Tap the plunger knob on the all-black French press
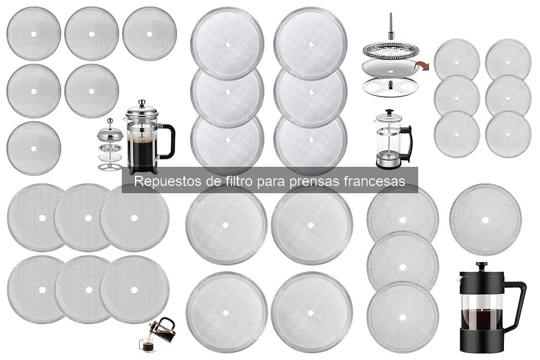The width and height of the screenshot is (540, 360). [481, 265]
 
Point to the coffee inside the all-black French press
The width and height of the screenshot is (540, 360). [482, 321]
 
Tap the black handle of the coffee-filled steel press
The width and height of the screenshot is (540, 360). [169, 141]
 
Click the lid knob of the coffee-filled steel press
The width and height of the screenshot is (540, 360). [142, 103]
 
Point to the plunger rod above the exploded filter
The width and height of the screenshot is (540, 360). [390, 26]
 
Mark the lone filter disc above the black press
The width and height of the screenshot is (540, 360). [485, 220]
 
